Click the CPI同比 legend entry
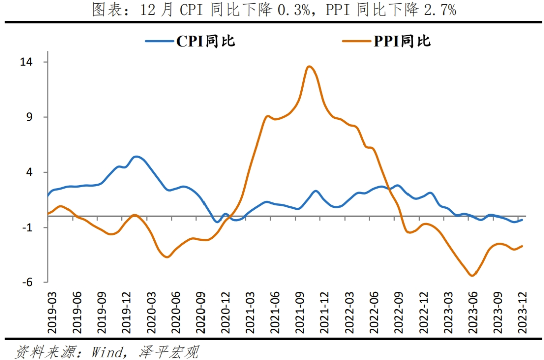coord(190,41)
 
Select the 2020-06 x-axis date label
coord(176,312)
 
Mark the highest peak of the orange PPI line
coord(309,66)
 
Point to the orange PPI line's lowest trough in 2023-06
coord(472,275)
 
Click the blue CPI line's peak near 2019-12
coord(136,156)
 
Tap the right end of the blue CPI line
coord(522,219)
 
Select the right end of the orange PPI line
coord(522,246)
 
